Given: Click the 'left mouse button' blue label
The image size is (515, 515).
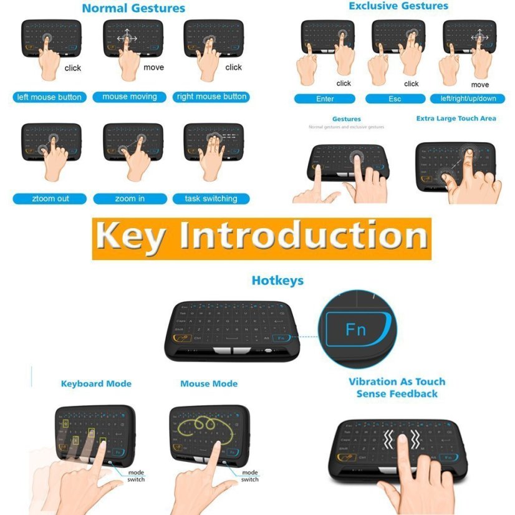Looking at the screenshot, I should (48, 97).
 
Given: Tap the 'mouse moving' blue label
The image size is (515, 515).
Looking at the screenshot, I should (130, 97).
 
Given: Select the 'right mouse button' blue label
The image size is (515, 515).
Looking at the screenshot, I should (212, 97).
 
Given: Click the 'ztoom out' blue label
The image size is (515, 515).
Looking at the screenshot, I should (49, 199).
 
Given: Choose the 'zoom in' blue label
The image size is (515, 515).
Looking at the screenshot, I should (130, 199).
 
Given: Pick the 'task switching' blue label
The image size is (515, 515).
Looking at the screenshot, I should (211, 199).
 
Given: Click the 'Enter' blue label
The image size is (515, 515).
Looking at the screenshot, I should (325, 99).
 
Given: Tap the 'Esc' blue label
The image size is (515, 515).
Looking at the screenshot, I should (395, 99).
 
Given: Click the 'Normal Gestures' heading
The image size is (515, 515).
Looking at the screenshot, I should (133, 9).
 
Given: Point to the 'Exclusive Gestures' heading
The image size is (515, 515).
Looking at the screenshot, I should (398, 6).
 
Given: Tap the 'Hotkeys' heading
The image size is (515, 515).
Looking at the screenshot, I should (277, 281).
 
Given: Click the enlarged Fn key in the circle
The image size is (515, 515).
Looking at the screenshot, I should (356, 329).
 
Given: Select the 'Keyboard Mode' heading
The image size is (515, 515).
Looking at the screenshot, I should (96, 383).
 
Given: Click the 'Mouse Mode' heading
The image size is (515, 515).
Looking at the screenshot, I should (209, 383).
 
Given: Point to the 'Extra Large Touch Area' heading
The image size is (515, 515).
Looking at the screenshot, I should (456, 118).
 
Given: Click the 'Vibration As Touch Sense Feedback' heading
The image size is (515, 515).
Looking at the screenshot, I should (397, 387).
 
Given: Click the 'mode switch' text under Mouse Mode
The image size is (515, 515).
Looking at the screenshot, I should (250, 476).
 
